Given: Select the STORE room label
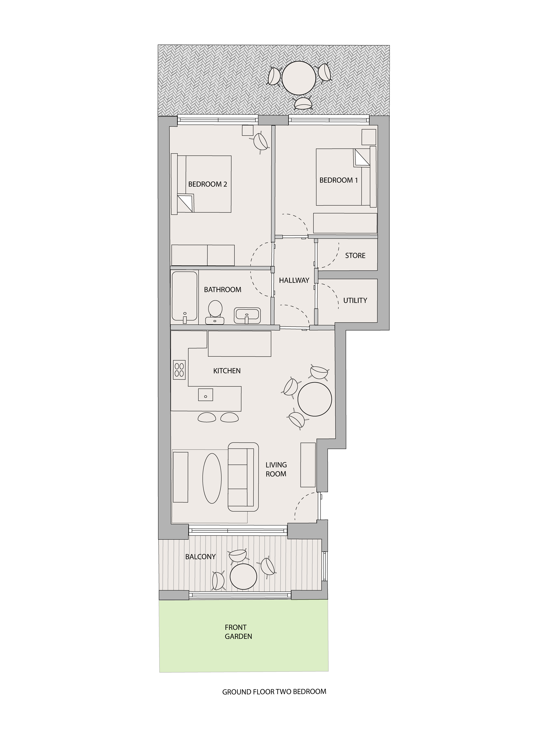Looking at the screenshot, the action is (x=355, y=256).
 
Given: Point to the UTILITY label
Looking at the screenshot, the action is (x=355, y=300).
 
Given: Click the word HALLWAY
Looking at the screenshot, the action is (x=294, y=281).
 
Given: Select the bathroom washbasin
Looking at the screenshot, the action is (x=247, y=315).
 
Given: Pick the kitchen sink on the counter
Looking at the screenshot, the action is (x=205, y=395).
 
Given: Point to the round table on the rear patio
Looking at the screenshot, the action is (x=299, y=79).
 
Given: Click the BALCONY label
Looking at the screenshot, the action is (x=200, y=557).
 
